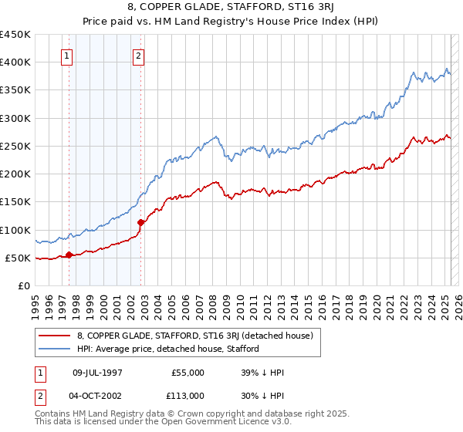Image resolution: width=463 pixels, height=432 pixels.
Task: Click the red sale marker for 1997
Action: (69, 255)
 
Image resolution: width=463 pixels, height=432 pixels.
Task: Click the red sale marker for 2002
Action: (141, 222)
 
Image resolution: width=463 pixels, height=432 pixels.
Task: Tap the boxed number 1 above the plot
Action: (67, 56)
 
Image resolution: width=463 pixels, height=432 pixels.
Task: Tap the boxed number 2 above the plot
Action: (138, 56)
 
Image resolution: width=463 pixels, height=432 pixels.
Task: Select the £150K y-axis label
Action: (16, 202)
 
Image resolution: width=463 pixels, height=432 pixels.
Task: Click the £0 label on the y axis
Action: (24, 285)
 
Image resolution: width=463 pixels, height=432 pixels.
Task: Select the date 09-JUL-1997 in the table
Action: (97, 373)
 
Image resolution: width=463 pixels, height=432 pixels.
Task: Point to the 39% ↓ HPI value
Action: (262, 373)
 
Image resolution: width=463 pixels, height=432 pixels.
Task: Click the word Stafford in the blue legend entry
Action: (242, 349)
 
